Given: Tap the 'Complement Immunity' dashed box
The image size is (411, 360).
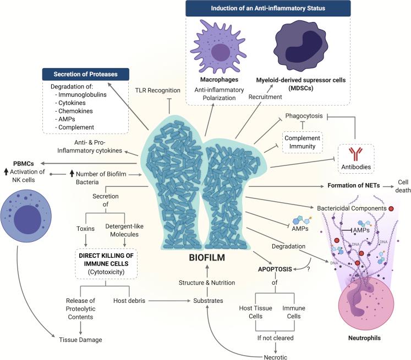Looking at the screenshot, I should (x=302, y=143).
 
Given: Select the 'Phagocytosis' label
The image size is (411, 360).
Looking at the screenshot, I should (x=302, y=117).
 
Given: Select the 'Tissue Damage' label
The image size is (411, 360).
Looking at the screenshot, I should (x=80, y=339).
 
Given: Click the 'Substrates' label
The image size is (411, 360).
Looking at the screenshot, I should (x=207, y=301).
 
